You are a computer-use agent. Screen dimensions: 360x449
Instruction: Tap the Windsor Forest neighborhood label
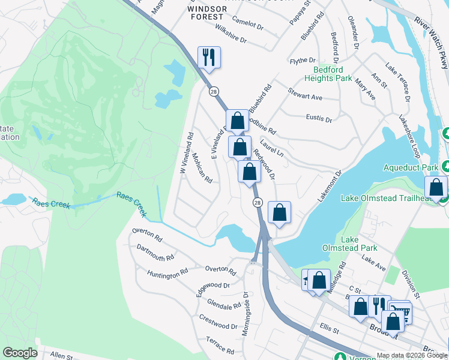click(207, 13)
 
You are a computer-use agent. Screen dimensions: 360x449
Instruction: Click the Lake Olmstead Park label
click(358, 244)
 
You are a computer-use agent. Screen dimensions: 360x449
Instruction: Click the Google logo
click(20, 353)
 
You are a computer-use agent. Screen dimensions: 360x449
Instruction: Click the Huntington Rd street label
click(167, 274)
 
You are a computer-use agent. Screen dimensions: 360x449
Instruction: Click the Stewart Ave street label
click(306, 95)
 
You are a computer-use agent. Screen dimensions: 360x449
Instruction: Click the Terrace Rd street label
click(220, 346)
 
